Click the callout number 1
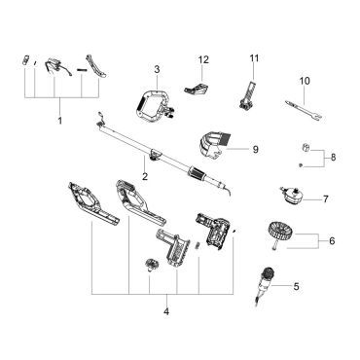(x=60, y=121)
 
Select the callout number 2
(x=145, y=177)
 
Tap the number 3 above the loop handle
(x=157, y=69)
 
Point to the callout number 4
(x=166, y=312)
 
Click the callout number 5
(x=296, y=286)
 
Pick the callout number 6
(x=332, y=241)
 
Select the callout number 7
(x=326, y=198)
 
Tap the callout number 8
(x=333, y=158)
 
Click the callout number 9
(x=255, y=150)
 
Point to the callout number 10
(x=305, y=81)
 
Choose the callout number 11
(x=255, y=58)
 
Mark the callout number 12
(x=203, y=59)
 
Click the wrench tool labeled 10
(x=304, y=110)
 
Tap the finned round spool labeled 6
(x=280, y=231)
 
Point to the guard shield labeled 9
(x=212, y=146)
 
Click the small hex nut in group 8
(x=306, y=148)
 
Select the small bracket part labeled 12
(x=198, y=89)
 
